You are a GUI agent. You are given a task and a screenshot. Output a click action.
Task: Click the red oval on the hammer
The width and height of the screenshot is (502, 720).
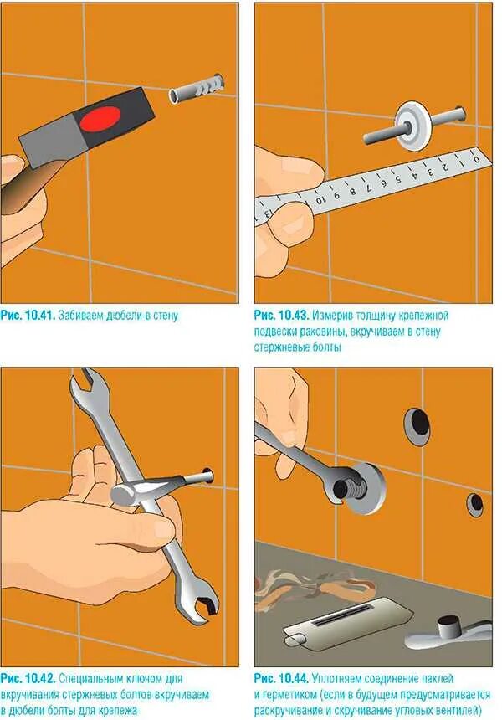pyautogui.click(x=99, y=119)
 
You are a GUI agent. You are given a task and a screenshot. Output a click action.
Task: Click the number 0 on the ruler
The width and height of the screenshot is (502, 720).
pyautogui.click(x=476, y=160)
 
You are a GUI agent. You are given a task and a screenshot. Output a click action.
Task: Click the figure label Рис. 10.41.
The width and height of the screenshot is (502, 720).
pyautogui.click(x=28, y=316)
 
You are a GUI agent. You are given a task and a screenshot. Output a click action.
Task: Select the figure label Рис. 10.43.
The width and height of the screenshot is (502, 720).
pyautogui.click(x=282, y=316)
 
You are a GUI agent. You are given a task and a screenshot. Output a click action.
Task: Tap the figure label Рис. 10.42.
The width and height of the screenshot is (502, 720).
pyautogui.click(x=28, y=678)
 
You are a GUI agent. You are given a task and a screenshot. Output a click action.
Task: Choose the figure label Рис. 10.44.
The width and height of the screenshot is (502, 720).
pyautogui.click(x=282, y=678)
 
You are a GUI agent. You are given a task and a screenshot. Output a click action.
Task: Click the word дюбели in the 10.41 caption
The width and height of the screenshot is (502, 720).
pyautogui.click(x=120, y=316)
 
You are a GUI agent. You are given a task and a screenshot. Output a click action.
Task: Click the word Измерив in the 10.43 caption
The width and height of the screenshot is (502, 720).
pyautogui.click(x=332, y=316)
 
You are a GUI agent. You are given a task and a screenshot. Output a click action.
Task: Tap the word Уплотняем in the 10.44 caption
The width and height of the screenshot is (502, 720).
pyautogui.click(x=340, y=678)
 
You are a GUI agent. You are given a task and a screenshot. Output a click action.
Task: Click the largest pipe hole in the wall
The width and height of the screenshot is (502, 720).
pyautogui.click(x=417, y=425)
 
